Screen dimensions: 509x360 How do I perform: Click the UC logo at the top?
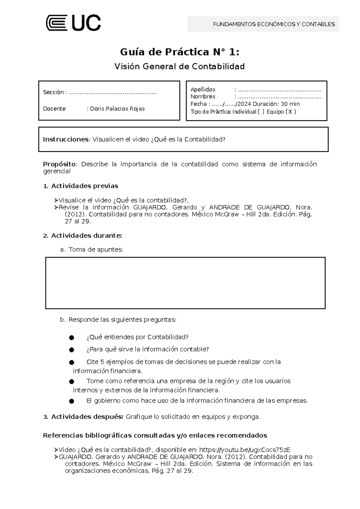pyautogui.click(x=73, y=23)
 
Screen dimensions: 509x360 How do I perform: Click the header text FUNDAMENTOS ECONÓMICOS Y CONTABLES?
pyautogui.click(x=274, y=24)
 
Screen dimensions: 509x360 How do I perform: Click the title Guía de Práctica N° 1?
pyautogui.click(x=179, y=52)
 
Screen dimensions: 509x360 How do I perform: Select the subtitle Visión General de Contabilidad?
pyautogui.click(x=179, y=66)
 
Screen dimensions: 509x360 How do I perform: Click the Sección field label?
pyautogui.click(x=53, y=92)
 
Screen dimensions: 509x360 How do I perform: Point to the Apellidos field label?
pyautogui.click(x=203, y=89)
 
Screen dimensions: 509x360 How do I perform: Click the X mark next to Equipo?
pyautogui.click(x=290, y=112)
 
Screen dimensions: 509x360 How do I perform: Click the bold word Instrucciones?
pyautogui.click(x=66, y=140)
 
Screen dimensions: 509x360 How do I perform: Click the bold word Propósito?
pyautogui.click(x=59, y=164)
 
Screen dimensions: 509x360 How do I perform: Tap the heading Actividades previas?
pyautogui.click(x=84, y=186)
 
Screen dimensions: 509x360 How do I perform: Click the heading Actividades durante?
pyautogui.click(x=86, y=236)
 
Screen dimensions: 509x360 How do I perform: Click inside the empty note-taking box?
pyautogui.click(x=185, y=283)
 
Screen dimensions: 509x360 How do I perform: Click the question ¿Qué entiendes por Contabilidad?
pyautogui.click(x=137, y=337)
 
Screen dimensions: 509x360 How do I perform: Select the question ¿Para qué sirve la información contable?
pyautogui.click(x=147, y=349)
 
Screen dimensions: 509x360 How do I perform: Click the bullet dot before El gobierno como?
pyautogui.click(x=71, y=401)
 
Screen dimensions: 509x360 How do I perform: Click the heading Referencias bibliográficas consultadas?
pyautogui.click(x=155, y=435)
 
